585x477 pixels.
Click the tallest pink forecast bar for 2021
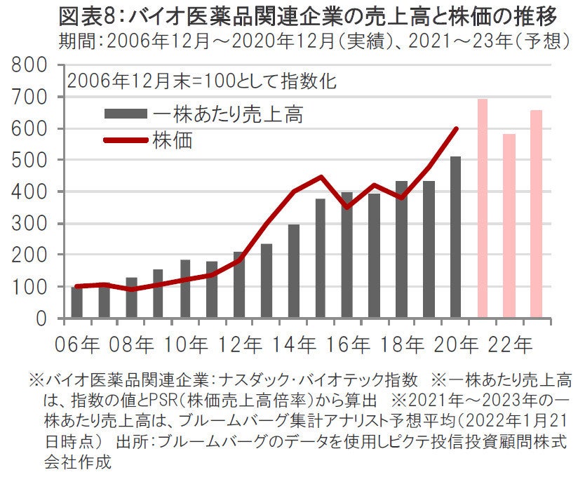483,208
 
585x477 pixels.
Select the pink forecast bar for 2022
509,226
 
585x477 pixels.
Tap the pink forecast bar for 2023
536,214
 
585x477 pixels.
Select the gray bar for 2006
76,302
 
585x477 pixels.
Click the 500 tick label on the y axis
31,160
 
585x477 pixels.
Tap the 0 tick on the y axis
42,318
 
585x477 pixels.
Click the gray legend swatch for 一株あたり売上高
126,113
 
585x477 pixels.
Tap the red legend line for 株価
126,140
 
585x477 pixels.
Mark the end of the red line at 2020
457,128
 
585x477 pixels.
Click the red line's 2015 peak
321,177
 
